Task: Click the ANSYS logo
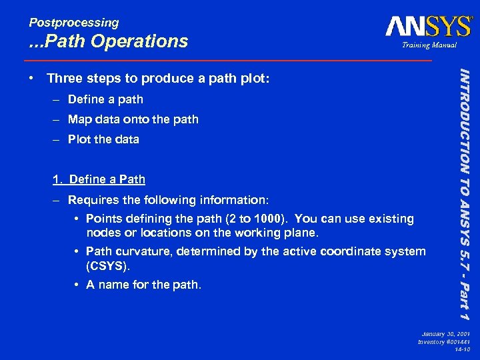(x=427, y=27)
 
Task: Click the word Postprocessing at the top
(x=73, y=22)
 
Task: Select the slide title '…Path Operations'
(x=109, y=41)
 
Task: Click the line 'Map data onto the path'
(x=133, y=119)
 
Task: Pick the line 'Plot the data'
(x=103, y=139)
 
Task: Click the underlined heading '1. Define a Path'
(x=99, y=179)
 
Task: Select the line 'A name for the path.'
(x=143, y=285)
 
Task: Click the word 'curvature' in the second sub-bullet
(x=140, y=251)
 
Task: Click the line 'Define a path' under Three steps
(x=105, y=99)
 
